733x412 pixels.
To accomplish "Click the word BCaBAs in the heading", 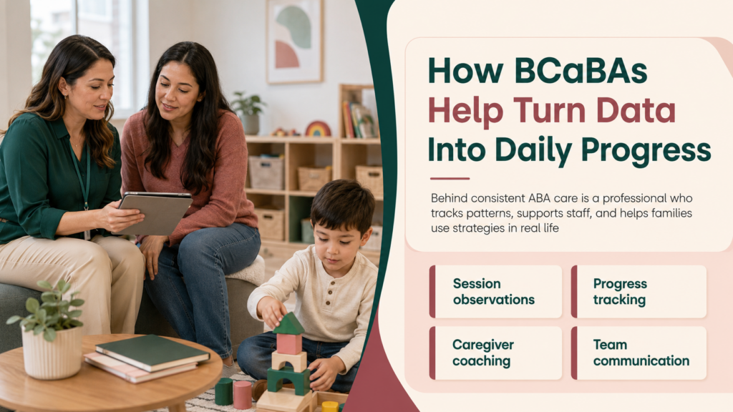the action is pyautogui.click(x=581, y=71).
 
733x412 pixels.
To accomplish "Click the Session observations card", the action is pyautogui.click(x=495, y=292).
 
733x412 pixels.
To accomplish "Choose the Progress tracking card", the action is pyautogui.click(x=639, y=292).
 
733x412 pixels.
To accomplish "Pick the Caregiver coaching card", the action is pyautogui.click(x=495, y=353).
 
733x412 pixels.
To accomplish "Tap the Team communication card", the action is pyautogui.click(x=639, y=353).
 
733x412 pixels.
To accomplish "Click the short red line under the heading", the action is pyautogui.click(x=450, y=178).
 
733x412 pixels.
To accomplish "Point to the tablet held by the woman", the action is pyautogui.click(x=155, y=212).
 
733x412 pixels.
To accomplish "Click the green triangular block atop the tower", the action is pyautogui.click(x=289, y=324).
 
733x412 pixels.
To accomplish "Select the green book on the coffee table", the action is pyautogui.click(x=152, y=353).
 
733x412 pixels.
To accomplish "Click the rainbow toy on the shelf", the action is pyautogui.click(x=318, y=129).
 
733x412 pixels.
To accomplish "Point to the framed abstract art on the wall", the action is pyautogui.click(x=294, y=41).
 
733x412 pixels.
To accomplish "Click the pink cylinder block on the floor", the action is pyautogui.click(x=242, y=395).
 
